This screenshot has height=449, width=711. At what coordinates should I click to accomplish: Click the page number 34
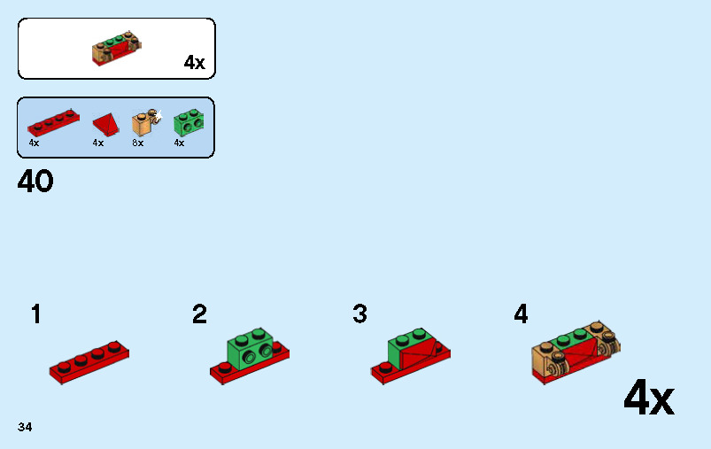[x=25, y=427]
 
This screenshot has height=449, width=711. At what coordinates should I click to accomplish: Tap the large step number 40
[x=35, y=181]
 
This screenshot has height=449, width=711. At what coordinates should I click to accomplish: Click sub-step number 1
[x=35, y=314]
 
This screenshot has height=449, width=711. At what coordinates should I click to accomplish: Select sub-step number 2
[x=199, y=314]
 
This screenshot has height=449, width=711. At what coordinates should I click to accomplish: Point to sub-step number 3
[x=360, y=314]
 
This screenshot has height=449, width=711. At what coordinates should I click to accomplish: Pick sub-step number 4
[x=521, y=314]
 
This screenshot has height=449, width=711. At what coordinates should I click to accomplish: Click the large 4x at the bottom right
[x=649, y=398]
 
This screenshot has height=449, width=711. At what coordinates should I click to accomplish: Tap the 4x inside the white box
[x=195, y=62]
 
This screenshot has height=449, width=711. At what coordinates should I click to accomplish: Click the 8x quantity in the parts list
[x=138, y=143]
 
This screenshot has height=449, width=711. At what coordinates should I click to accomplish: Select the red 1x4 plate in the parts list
[x=53, y=122]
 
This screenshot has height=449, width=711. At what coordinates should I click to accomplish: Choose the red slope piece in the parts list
[x=106, y=124]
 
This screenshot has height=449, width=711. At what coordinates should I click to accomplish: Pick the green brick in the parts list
[x=189, y=122]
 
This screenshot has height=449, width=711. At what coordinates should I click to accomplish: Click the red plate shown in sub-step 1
[x=89, y=362]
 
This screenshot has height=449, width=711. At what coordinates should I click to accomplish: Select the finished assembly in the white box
[x=117, y=49]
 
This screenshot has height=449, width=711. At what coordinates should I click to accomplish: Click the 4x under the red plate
[x=34, y=143]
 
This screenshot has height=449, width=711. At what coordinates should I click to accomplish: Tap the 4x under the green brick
[x=179, y=143]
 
